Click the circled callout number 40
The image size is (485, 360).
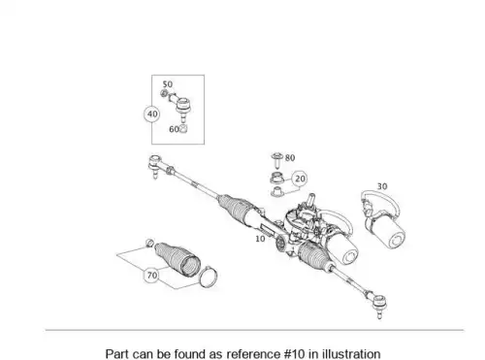(x=152, y=114)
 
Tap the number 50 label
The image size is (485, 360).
(x=167, y=84)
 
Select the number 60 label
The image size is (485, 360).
(x=174, y=129)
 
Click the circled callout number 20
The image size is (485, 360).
(x=300, y=179)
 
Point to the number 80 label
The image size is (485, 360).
(x=290, y=158)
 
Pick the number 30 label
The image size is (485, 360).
(x=382, y=186)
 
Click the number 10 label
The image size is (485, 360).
(x=260, y=239)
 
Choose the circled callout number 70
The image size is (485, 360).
(x=152, y=276)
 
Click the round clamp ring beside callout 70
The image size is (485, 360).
(x=209, y=278)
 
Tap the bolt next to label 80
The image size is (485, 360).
(x=277, y=161)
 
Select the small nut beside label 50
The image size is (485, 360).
(x=164, y=94)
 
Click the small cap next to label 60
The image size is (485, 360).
(x=183, y=129)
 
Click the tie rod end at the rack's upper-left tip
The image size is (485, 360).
(x=155, y=166)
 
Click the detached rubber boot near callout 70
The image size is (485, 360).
(x=178, y=258)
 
